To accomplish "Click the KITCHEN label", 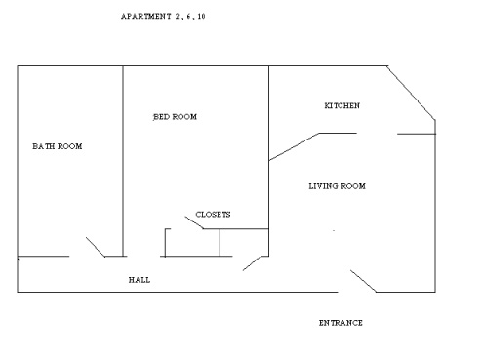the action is [x=342, y=105].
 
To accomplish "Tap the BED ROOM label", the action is [x=175, y=117].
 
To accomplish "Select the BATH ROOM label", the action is [x=58, y=146].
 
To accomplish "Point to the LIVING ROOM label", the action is [x=338, y=186].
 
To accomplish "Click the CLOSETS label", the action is [x=213, y=215].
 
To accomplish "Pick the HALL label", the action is [x=140, y=280].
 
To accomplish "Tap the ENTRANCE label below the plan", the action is [x=341, y=323].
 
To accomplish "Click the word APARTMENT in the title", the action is [x=146, y=16].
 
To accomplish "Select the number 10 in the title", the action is [x=201, y=16].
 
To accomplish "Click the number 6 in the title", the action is [x=189, y=16].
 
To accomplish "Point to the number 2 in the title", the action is [x=178, y=16].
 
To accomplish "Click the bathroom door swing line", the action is [x=96, y=247].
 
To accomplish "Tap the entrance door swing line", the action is [x=363, y=281].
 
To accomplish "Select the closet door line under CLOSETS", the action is [x=194, y=222].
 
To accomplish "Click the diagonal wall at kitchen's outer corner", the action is [x=411, y=93].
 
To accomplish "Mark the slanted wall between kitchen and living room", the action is [x=294, y=146].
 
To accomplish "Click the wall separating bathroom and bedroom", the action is [x=123, y=161].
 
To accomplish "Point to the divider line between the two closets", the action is [x=220, y=243].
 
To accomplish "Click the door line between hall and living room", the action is [x=252, y=263].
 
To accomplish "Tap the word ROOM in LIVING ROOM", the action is [x=353, y=186].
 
